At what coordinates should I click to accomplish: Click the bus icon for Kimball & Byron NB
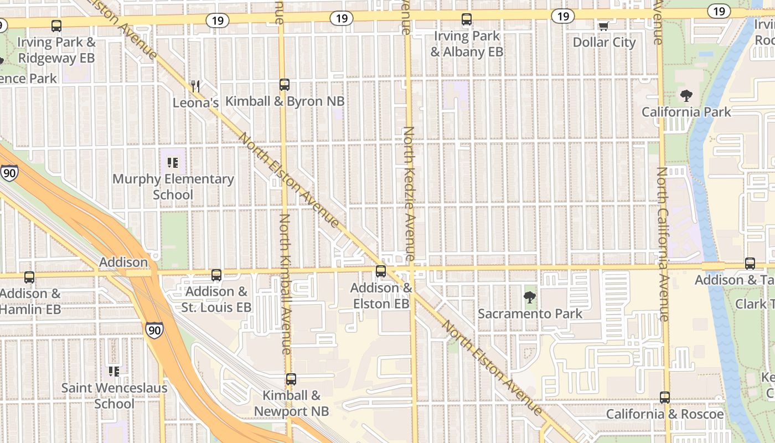pos(284,85)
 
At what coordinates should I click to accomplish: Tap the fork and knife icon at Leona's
pos(195,86)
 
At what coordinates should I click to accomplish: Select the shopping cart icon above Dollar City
pos(604,26)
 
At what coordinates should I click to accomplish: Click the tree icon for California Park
pos(686,96)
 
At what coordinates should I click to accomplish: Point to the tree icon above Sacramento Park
pos(530,297)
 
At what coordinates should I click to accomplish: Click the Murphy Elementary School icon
pos(173,163)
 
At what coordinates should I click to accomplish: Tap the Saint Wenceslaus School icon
pos(114,371)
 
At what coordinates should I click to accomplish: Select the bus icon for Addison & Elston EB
pos(381,271)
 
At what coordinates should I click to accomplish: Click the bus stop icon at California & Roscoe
pos(665,398)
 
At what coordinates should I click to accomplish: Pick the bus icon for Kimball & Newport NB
pos(291,379)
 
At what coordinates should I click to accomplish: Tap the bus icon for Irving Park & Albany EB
pos(467,20)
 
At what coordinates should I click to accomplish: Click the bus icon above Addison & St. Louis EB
pos(216,275)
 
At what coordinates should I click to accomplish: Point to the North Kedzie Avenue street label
pos(409,194)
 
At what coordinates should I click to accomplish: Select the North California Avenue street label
pos(663,244)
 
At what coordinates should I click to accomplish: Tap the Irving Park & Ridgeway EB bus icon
pos(56,26)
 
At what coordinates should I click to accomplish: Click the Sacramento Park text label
pos(530,314)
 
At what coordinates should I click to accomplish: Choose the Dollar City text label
pos(604,43)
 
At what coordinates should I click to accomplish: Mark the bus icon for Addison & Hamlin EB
pos(29,277)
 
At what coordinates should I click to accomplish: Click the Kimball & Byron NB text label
pos(285,101)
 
